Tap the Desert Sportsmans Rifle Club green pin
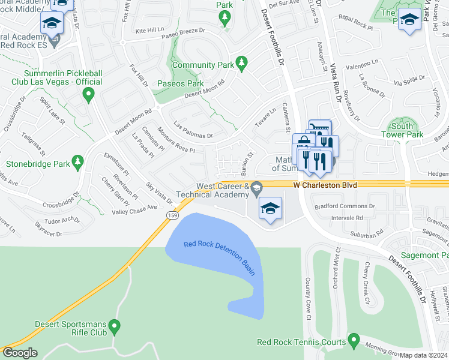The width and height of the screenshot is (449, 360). (115, 328)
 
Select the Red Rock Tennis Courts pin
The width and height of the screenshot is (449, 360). (354, 341)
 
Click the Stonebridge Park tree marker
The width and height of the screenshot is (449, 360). (77, 162)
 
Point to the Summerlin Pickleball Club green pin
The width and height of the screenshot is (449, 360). (89, 94)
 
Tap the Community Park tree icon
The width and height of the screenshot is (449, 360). (241, 62)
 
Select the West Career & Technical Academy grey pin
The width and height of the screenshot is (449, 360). (257, 188)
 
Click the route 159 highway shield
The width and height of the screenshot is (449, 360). (172, 214)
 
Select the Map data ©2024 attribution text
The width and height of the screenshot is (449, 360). (423, 355)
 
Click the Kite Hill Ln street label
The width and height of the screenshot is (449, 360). (149, 29)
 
